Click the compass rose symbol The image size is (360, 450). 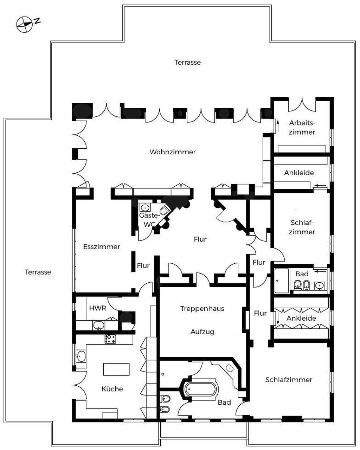coord(24,25)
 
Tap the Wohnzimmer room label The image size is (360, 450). coord(173,152)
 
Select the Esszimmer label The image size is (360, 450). coord(102,247)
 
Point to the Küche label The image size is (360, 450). coord(112,389)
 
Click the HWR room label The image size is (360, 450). coord(98,308)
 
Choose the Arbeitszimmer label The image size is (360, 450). coord(302,128)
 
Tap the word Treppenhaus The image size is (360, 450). coord(202,309)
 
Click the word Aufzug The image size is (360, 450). coord(202,332)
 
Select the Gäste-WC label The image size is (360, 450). coord(149,220)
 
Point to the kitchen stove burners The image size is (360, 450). coord(110,339)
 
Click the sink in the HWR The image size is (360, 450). coord(99,326)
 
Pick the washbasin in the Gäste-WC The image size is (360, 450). coord(145,207)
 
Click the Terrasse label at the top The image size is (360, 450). coord(188,62)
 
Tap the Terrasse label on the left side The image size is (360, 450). coord(38,272)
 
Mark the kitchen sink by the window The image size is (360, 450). coord(81,356)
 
